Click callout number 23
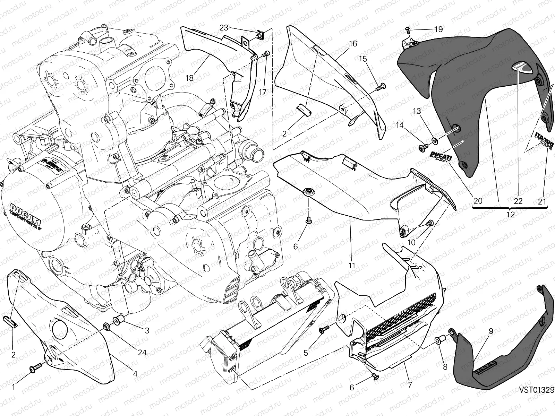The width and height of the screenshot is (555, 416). [x=224, y=28]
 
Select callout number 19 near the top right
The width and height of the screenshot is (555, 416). [x=438, y=29]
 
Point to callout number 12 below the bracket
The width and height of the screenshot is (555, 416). [x=511, y=215]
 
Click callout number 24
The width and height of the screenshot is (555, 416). [x=142, y=353]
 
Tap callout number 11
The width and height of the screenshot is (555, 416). [x=352, y=266]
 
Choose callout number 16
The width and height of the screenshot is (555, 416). [x=352, y=44]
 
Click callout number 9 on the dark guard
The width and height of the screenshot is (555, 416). [x=491, y=331]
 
